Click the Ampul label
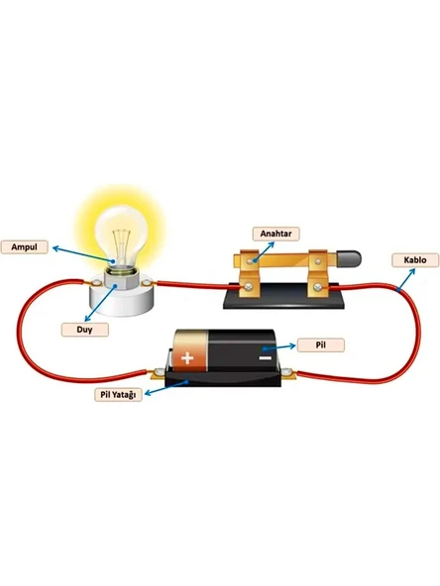pos(25,247)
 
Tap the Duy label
pos(85,330)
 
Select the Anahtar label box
pos(276,234)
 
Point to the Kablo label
pos(415,260)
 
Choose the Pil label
pos(321,344)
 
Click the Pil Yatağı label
pos(118,395)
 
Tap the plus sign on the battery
pos(187,358)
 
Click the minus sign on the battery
pos(265,358)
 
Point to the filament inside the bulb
pos(122,245)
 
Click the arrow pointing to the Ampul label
pos(83,254)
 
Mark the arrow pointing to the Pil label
pos(278,347)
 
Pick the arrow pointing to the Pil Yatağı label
pos(166,387)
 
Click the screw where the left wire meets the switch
pos(248,287)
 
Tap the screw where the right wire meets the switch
pos(318,287)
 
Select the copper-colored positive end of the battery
pos(190,350)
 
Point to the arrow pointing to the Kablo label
pos(405,280)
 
